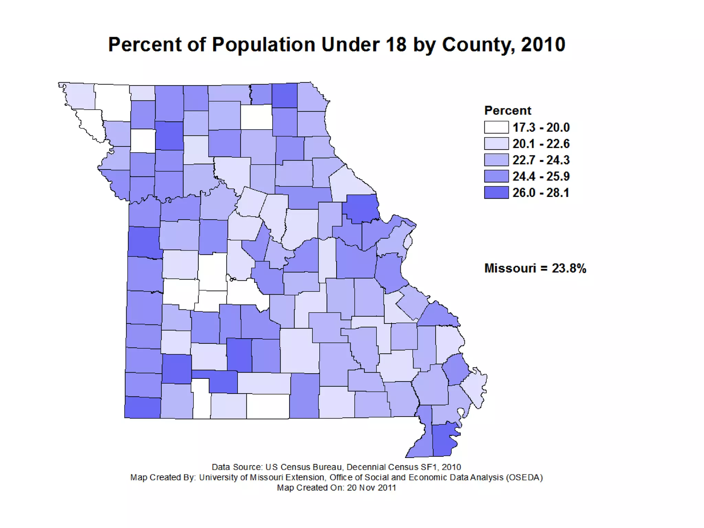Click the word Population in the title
(263, 45)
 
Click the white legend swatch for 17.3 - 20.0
(496, 127)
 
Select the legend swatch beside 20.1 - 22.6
(496, 144)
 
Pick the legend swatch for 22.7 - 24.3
(496, 160)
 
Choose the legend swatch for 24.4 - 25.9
(496, 176)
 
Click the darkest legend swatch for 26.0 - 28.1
(496, 192)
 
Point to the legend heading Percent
(508, 111)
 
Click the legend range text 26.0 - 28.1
(541, 193)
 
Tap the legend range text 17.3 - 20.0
(541, 128)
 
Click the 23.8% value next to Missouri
(569, 268)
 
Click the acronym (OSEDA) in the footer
(525, 477)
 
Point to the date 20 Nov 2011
(372, 488)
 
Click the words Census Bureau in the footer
(311, 467)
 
